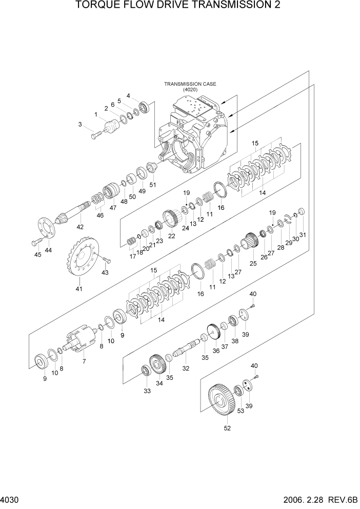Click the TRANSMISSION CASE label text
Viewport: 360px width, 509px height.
(183, 84)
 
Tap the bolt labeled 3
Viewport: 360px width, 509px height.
(96, 135)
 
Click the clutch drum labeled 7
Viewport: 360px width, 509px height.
(79, 340)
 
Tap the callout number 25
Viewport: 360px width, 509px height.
(253, 263)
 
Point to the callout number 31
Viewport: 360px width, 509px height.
(303, 236)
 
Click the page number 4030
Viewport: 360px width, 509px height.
(10, 499)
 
